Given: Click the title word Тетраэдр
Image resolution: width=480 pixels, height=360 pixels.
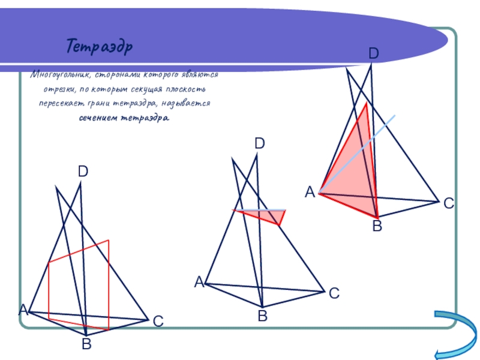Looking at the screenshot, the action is coord(100,46).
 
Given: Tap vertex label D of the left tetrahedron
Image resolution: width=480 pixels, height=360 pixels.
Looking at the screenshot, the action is coord(83,172).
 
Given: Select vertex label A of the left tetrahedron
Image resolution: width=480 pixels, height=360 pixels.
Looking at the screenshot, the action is coord(23,310).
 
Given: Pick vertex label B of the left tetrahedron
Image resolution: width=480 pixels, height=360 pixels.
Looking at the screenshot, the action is coord(86,344).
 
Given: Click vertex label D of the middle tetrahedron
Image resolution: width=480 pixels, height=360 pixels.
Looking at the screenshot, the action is coord(259,143).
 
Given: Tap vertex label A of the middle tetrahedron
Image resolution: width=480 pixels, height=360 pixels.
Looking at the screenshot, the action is coord(199,281).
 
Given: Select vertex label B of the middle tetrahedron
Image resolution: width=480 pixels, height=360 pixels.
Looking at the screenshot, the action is coord(262,315).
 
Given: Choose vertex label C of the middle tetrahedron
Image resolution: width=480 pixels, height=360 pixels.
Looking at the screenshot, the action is coord(334,293).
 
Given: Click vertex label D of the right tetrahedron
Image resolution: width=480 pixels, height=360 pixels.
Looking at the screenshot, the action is coord(373,54).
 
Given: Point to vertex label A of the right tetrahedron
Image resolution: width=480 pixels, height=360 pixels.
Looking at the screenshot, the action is coord(310,192).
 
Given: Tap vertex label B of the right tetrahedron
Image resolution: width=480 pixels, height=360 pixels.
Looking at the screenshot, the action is coord(377,226).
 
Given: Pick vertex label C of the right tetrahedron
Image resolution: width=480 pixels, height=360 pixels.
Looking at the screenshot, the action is coord(448,204).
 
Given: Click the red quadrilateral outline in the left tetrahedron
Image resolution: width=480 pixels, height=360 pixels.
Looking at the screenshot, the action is coord(109,282).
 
